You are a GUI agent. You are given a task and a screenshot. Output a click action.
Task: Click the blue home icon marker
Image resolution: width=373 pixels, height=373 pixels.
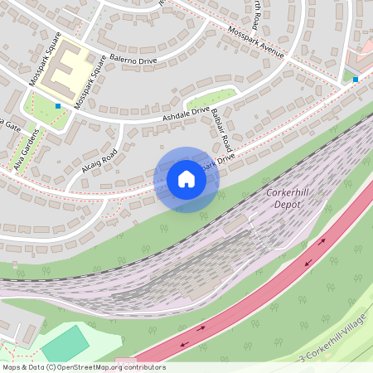click(x=186, y=179)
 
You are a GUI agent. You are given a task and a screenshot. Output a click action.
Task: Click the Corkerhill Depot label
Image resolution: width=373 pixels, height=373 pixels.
click(x=288, y=197)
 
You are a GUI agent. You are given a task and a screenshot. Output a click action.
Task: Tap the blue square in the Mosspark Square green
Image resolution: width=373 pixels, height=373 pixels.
click(x=58, y=106)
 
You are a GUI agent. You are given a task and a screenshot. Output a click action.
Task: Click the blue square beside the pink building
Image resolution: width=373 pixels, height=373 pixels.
click(x=355, y=80)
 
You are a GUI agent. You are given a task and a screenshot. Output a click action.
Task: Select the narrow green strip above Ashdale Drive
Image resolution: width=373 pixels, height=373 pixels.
click(x=211, y=96)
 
